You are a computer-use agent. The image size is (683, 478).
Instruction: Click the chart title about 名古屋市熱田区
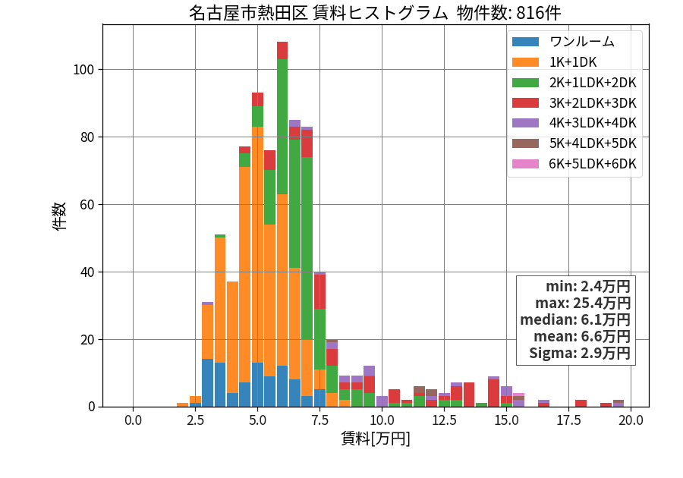click(375, 13)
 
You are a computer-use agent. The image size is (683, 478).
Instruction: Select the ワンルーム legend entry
click(563, 42)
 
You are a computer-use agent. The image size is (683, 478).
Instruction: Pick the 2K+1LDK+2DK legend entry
click(574, 83)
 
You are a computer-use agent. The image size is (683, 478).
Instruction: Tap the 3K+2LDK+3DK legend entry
click(574, 103)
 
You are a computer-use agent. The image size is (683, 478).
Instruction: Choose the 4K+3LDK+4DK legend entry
click(574, 123)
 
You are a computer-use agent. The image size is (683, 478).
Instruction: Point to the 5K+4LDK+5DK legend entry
click(574, 143)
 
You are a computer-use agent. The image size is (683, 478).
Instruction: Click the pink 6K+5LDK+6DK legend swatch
click(525, 164)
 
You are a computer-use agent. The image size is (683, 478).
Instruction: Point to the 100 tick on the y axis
click(84, 70)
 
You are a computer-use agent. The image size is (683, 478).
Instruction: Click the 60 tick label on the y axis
click(87, 205)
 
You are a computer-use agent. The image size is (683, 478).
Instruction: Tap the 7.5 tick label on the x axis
click(319, 420)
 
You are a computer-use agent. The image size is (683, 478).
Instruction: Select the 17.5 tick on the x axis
click(569, 420)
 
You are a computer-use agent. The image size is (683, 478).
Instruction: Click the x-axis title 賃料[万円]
click(376, 439)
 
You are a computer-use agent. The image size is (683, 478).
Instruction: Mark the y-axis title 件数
click(59, 216)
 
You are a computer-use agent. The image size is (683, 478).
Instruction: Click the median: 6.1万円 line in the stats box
click(575, 319)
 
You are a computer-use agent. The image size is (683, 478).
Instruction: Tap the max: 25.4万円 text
click(583, 303)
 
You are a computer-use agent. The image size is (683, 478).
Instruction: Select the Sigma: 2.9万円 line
click(580, 353)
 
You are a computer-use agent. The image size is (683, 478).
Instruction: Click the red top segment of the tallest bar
click(282, 51)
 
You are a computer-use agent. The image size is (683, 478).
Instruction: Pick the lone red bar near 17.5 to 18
click(581, 403)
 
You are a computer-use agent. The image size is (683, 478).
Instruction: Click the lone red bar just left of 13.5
click(469, 395)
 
